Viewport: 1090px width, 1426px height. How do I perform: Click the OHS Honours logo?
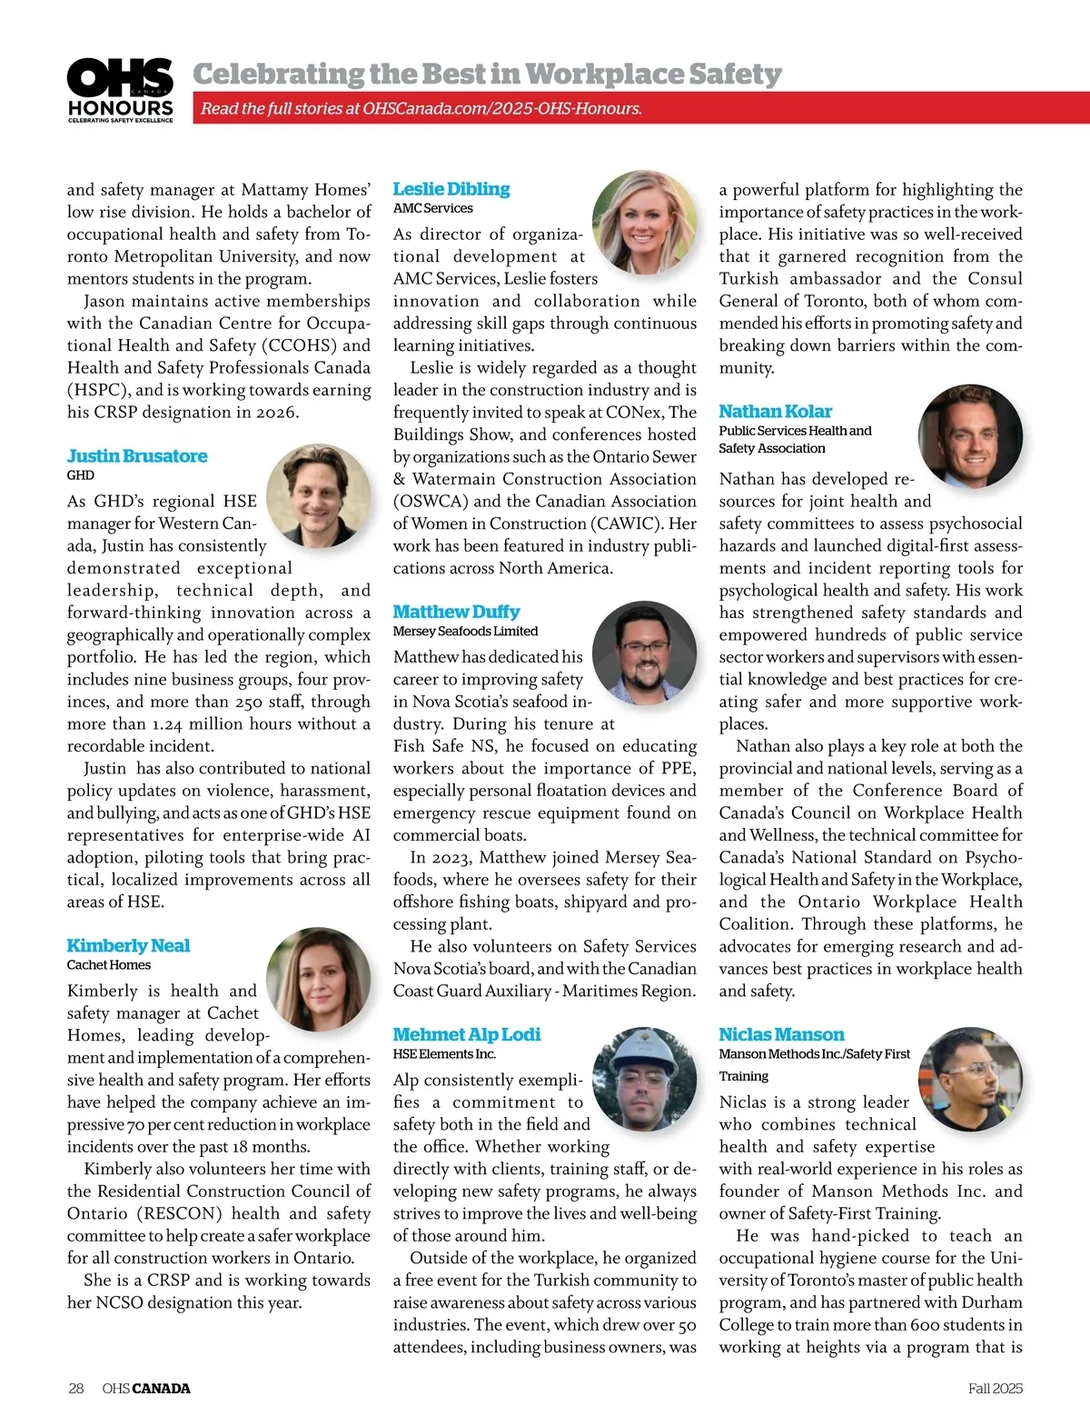click(120, 90)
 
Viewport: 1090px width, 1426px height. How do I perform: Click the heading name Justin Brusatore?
click(137, 455)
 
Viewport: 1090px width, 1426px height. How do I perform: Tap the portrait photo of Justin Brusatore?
click(318, 495)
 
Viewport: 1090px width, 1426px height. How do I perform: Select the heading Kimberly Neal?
click(128, 945)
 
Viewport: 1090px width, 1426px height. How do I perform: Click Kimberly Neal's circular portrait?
click(318, 979)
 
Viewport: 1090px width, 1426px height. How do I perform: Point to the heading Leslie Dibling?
click(451, 189)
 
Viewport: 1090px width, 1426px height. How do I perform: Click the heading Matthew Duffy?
click(456, 612)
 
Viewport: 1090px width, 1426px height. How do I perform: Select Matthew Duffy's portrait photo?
click(644, 653)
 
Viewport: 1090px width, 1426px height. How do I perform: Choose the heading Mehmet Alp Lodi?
click(466, 1034)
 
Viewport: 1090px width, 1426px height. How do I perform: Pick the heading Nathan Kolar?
click(775, 411)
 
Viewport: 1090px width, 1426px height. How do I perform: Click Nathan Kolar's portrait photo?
click(970, 435)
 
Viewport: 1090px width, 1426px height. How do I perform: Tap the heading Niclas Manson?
click(781, 1034)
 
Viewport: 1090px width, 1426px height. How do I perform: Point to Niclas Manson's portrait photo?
click(970, 1079)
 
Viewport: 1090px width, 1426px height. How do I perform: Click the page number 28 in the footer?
click(76, 1388)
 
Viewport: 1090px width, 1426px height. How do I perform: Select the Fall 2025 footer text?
click(995, 1388)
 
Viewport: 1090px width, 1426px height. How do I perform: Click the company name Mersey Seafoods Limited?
click(465, 631)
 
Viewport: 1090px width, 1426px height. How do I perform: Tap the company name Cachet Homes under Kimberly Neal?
click(109, 964)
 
